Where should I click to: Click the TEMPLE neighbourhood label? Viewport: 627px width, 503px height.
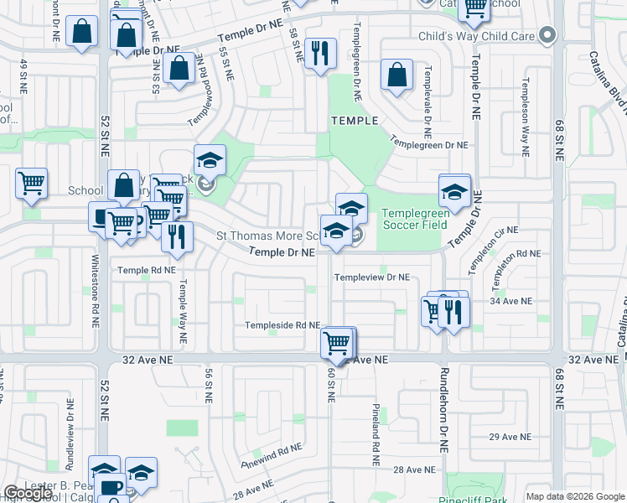(355, 121)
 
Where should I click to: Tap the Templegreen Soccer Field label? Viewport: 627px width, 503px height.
(416, 219)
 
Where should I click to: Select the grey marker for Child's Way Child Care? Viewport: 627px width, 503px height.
(547, 35)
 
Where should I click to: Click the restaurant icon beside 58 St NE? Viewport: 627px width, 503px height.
(320, 54)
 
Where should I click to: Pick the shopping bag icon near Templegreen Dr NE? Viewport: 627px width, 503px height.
(396, 75)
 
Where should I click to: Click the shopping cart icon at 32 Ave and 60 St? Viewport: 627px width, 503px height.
(336, 342)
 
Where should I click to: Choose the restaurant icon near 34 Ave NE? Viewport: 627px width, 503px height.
(453, 311)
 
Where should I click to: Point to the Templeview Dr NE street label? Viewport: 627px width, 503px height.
(372, 277)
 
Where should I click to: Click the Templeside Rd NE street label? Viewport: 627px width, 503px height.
(282, 325)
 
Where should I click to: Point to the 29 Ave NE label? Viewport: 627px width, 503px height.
(510, 437)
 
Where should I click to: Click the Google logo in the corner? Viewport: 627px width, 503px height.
(28, 494)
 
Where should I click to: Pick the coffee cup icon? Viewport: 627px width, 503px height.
(110, 486)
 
